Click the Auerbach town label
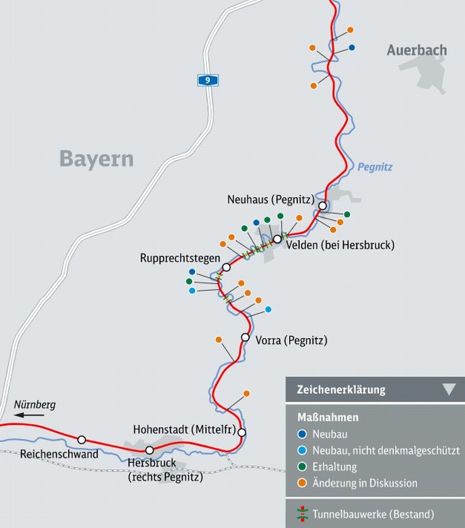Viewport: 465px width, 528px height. click(416, 50)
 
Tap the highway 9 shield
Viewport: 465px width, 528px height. click(208, 80)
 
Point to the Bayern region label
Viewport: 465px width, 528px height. click(97, 159)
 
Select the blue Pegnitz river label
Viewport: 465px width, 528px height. click(375, 167)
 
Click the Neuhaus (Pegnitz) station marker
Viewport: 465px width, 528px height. click(323, 205)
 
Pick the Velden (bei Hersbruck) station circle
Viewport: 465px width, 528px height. click(277, 239)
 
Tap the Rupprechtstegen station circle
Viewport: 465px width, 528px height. click(226, 267)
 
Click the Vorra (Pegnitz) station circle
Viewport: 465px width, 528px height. click(245, 337)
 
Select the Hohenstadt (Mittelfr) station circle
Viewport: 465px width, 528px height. click(242, 432)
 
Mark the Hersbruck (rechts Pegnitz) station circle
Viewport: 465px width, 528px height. click(150, 451)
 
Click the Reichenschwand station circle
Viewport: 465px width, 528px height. click(82, 440)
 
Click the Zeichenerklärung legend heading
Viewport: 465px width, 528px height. click(341, 390)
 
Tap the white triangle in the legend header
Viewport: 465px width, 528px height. click(449, 389)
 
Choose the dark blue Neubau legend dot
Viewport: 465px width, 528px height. click(302, 435)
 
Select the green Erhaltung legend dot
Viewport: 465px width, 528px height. click(302, 467)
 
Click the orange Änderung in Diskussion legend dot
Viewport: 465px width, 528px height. click(302, 483)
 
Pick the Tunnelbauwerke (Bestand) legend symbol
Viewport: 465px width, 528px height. click(302, 515)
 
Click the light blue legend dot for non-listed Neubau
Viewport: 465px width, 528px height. click(302, 451)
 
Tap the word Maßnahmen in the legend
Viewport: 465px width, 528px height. click(328, 418)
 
